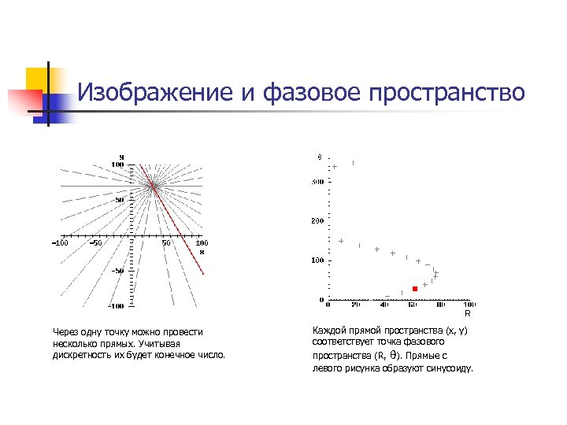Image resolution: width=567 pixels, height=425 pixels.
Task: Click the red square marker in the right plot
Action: (x=415, y=289)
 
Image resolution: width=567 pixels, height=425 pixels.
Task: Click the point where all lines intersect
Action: (x=153, y=186)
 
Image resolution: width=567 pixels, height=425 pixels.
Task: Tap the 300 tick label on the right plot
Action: (x=317, y=182)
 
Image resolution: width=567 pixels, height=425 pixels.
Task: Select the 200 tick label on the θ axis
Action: (x=317, y=221)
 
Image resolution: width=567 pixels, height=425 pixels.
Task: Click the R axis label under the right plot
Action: (x=467, y=313)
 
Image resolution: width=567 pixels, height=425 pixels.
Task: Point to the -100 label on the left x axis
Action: (x=60, y=243)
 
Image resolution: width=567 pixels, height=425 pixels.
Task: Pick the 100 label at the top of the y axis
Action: (x=117, y=164)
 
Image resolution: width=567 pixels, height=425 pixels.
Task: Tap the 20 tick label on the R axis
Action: (x=356, y=305)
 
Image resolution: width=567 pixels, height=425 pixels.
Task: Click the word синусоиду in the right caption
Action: (x=450, y=367)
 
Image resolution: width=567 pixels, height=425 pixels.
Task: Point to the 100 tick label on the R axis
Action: (x=469, y=305)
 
